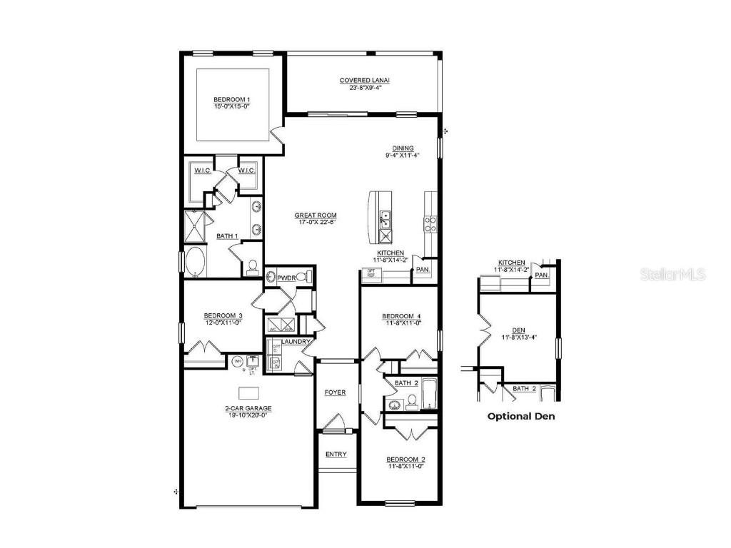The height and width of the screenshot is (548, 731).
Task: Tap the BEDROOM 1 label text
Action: [231, 99]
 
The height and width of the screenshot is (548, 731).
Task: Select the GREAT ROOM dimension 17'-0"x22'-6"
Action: [316, 222]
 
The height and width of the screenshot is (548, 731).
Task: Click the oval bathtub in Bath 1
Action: [195, 261]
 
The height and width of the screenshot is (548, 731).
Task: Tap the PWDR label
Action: [286, 277]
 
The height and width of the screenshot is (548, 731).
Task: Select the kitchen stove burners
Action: [431, 224]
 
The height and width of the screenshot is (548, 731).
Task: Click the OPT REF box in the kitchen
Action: [370, 274]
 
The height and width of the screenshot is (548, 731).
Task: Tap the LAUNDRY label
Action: [295, 342]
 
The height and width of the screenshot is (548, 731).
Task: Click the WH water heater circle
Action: [236, 361]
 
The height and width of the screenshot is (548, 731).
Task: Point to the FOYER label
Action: [335, 392]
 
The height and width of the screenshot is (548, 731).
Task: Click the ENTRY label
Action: [336, 454]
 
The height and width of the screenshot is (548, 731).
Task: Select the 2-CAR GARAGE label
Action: [248, 409]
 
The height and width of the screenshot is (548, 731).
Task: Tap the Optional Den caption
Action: [520, 416]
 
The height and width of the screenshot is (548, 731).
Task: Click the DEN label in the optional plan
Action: [519, 330]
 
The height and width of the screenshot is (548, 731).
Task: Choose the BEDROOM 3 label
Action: [223, 315]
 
